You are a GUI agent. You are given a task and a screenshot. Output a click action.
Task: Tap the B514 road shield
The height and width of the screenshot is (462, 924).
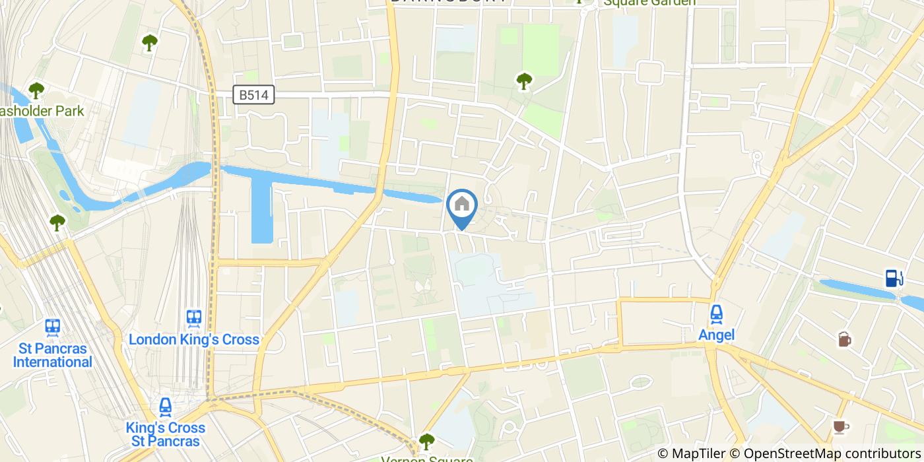pyautogui.click(x=253, y=95)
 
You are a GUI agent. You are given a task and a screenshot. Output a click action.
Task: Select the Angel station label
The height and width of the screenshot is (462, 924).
pyautogui.click(x=716, y=335)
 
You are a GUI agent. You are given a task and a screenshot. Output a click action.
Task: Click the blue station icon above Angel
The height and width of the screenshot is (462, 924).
pyautogui.click(x=716, y=315)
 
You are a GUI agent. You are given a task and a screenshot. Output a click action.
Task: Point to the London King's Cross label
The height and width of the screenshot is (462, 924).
pyautogui.click(x=194, y=340)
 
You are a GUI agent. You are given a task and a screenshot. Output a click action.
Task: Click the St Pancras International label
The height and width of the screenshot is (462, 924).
pyautogui.click(x=53, y=355)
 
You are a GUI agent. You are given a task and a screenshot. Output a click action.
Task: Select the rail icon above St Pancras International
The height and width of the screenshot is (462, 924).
pyautogui.click(x=53, y=327)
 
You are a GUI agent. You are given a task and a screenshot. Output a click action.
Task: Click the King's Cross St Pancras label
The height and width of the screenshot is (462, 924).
pyautogui.click(x=166, y=434)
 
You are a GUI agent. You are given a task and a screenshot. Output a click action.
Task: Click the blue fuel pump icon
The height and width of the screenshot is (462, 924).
pyautogui.click(x=894, y=278)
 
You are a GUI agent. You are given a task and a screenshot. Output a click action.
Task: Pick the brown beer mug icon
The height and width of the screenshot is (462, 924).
pyautogui.click(x=844, y=339)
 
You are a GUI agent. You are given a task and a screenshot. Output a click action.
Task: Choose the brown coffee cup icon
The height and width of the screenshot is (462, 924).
pyautogui.click(x=840, y=426)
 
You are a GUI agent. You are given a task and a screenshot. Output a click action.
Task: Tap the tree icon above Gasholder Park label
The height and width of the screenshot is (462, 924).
pyautogui.click(x=36, y=90)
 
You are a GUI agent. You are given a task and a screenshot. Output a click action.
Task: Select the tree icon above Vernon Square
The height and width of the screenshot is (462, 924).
pyautogui.click(x=427, y=441)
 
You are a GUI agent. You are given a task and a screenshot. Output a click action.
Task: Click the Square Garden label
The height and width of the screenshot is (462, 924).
pyautogui.click(x=649, y=3)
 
